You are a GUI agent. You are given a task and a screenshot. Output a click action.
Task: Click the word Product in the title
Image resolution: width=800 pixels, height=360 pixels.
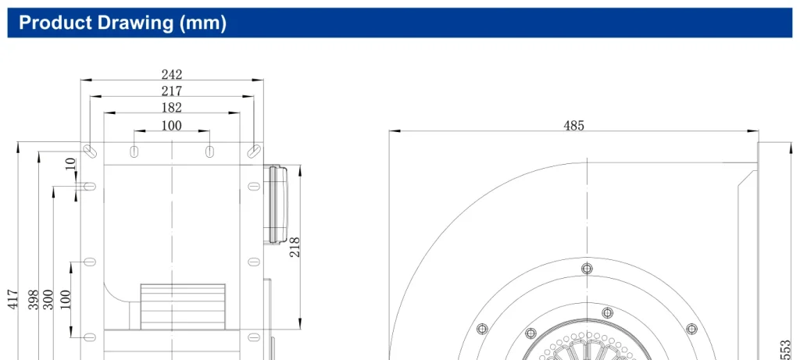[x=55, y=23]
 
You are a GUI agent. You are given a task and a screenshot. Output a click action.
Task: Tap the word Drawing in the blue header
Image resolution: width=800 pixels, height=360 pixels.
[x=136, y=23]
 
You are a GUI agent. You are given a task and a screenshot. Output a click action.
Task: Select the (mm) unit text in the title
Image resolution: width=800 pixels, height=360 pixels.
[x=203, y=23]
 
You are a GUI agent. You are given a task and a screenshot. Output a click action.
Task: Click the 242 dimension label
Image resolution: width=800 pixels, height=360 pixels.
[x=172, y=74]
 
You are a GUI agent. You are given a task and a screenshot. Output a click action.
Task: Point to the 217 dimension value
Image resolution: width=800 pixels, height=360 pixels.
[x=172, y=91]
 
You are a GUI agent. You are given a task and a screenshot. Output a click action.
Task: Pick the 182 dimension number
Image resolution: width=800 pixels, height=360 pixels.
[x=172, y=108]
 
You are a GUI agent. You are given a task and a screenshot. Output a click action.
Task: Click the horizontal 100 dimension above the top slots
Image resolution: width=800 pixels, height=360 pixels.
[x=172, y=126]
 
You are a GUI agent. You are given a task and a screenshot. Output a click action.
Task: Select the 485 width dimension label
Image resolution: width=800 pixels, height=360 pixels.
[x=573, y=126]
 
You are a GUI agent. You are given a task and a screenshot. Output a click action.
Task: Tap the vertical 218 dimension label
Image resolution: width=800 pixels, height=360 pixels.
[x=295, y=248]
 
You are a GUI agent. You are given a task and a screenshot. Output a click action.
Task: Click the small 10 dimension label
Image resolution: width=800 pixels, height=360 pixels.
[x=71, y=164]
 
